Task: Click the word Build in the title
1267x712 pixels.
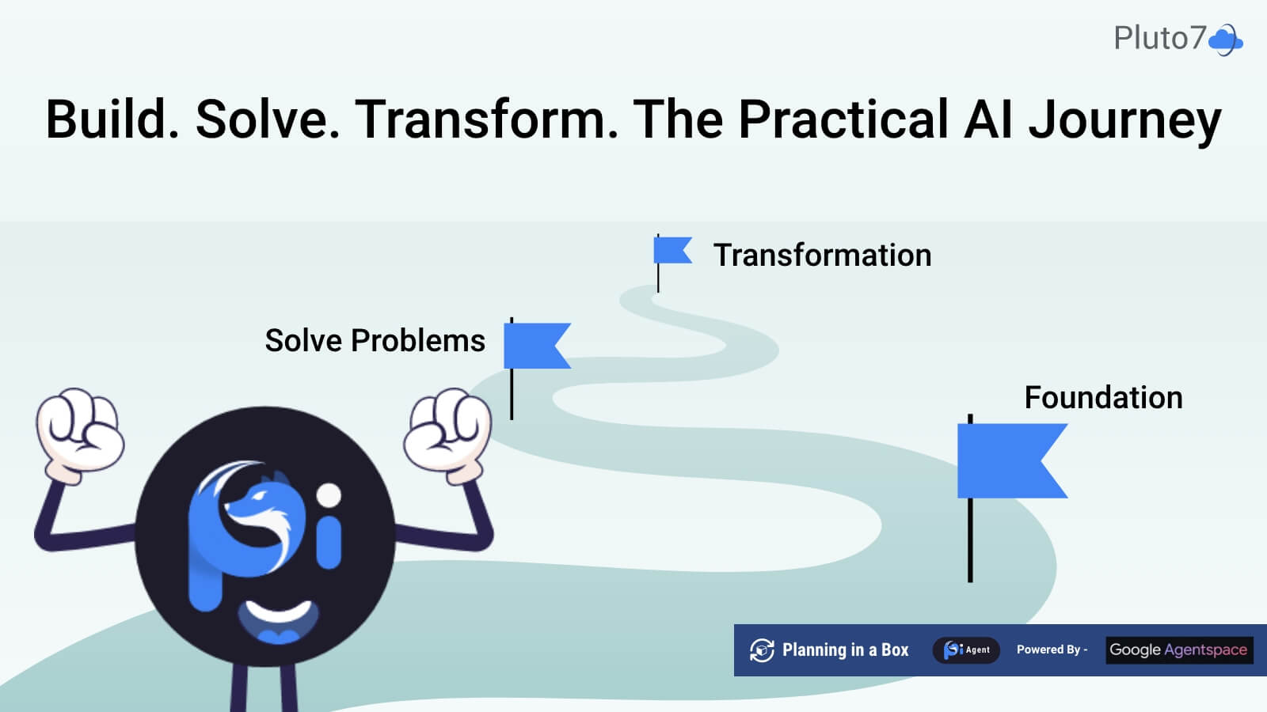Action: [112, 120]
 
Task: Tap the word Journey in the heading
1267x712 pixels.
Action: [1124, 120]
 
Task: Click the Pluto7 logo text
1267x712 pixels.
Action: [1159, 38]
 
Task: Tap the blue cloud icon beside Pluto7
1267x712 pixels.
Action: [1226, 40]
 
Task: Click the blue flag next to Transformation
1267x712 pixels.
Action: [672, 251]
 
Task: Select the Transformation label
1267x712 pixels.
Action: [822, 256]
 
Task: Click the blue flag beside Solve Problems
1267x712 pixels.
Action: [535, 345]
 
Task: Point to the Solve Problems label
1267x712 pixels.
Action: [375, 341]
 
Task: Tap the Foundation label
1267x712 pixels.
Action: [1103, 398]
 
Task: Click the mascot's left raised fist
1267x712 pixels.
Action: [79, 431]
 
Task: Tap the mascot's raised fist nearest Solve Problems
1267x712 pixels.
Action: [447, 431]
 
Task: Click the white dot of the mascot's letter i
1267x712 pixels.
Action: [329, 496]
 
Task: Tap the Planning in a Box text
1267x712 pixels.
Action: [845, 650]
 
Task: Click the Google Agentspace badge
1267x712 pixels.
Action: [1178, 650]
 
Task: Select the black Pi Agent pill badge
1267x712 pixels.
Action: [966, 650]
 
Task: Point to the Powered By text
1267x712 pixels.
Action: [1051, 650]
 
